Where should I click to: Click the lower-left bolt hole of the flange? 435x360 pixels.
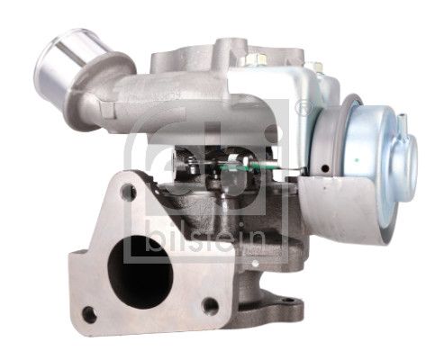[88, 314]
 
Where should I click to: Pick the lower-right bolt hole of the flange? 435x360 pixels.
[210, 305]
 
